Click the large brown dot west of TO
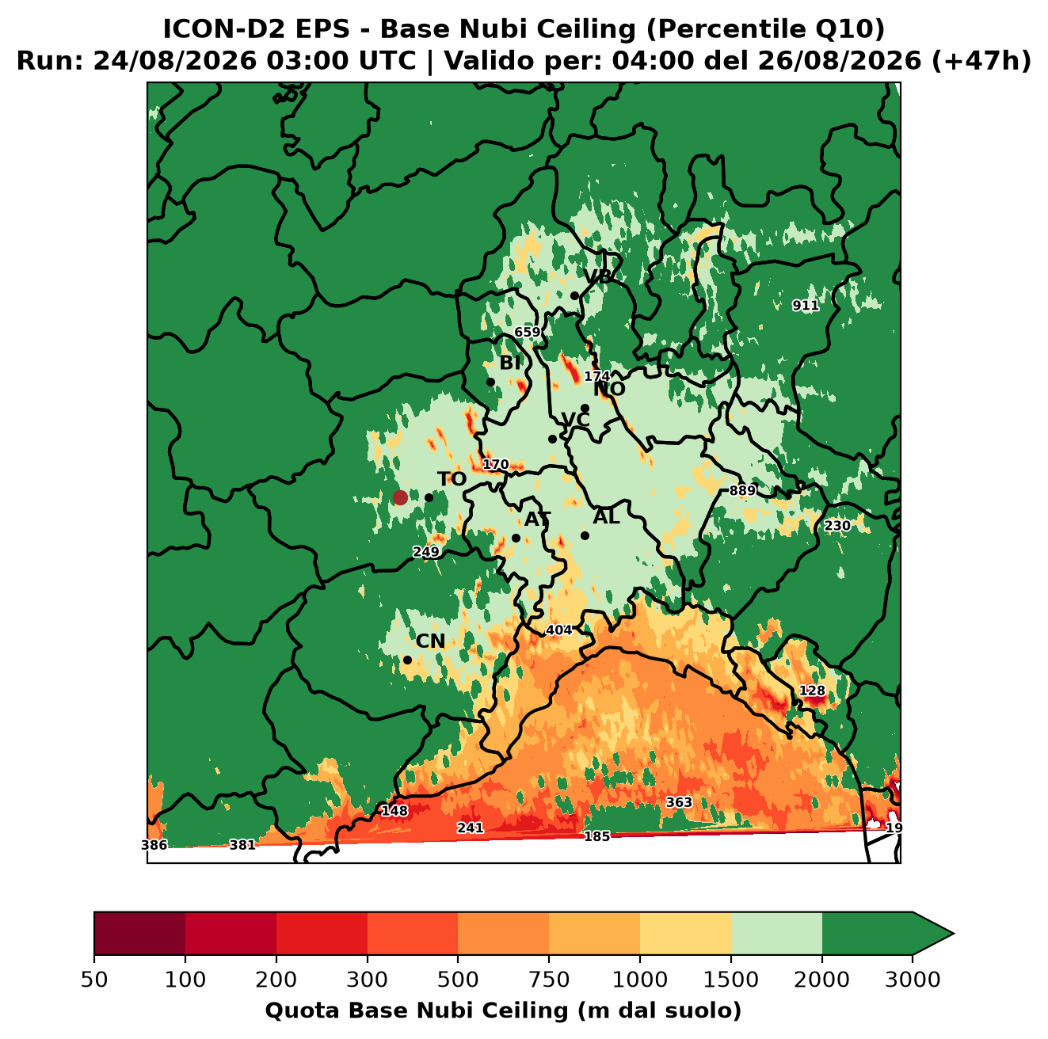(x=400, y=497)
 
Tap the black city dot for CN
(x=407, y=660)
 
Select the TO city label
(x=452, y=479)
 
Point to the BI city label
(x=510, y=363)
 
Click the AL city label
(x=607, y=516)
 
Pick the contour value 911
(x=806, y=306)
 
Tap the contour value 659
(x=528, y=332)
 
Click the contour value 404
(x=559, y=630)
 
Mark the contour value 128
(x=812, y=691)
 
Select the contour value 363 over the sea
(x=680, y=802)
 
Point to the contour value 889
(x=742, y=490)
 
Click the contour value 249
(x=426, y=552)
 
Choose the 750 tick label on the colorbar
(x=548, y=980)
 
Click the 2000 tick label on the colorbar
(x=821, y=980)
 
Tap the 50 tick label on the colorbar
(x=94, y=980)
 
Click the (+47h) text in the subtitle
(x=981, y=61)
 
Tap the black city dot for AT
(x=516, y=538)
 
